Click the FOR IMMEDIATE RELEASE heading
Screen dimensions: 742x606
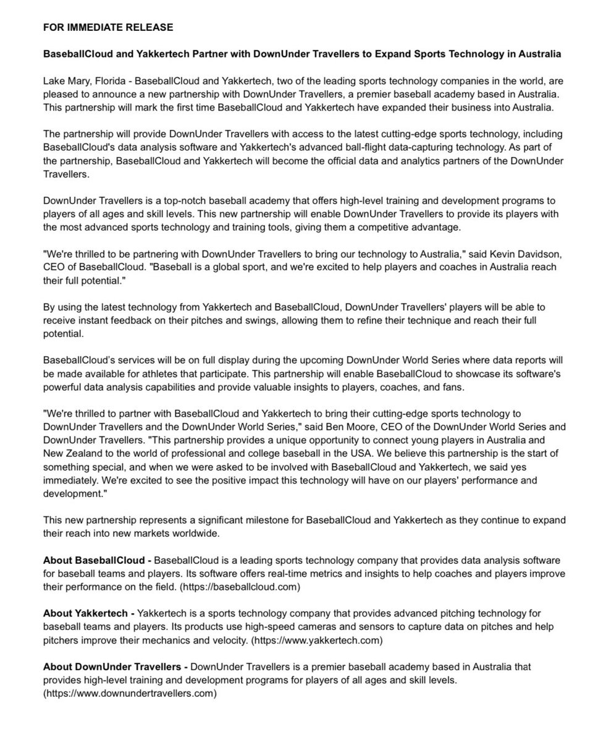click(x=108, y=27)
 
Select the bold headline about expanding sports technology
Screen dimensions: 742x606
click(x=302, y=54)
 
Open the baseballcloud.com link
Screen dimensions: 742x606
click(x=240, y=587)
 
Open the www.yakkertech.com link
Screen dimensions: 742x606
click(x=316, y=640)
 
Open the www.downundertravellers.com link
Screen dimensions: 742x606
click(x=130, y=693)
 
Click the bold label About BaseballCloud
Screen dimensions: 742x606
click(x=97, y=560)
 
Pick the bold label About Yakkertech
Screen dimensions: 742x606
click(x=88, y=613)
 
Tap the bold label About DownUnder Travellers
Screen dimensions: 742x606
click(x=116, y=667)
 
